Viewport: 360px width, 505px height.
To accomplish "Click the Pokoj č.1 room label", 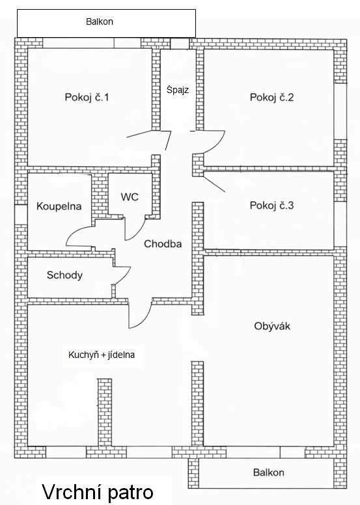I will [x=87, y=98].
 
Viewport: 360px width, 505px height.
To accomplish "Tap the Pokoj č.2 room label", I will [x=271, y=98].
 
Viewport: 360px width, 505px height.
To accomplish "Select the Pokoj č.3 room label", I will [x=271, y=206].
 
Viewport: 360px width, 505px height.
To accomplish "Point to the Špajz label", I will [x=178, y=89].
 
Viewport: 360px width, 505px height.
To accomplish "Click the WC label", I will [x=130, y=197].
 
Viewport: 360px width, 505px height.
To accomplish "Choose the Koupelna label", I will [x=59, y=206].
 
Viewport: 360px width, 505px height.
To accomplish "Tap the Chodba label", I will [x=163, y=244].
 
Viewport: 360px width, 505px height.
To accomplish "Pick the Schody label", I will [x=64, y=275].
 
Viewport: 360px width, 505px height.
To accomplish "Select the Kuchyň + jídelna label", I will [x=102, y=355].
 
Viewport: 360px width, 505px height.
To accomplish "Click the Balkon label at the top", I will [x=100, y=21].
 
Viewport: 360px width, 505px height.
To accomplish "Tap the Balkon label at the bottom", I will [x=269, y=472].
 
